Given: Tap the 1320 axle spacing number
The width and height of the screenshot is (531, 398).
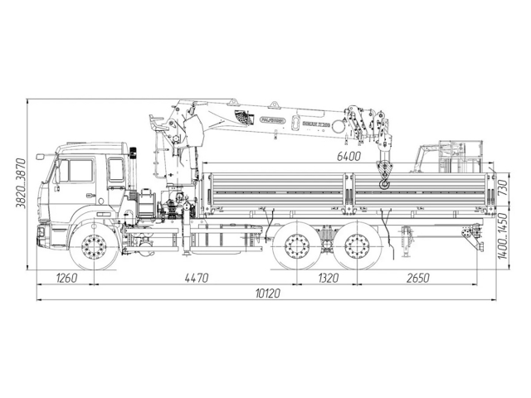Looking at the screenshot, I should point(328,278).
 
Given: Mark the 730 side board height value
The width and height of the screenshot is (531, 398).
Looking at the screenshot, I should point(502,190).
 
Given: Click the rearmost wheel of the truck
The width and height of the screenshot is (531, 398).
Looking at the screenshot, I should point(358,247).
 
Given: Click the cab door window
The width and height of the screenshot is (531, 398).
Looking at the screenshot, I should point(80,172).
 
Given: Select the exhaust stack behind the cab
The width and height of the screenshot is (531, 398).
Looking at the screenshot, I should point(132,166).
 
